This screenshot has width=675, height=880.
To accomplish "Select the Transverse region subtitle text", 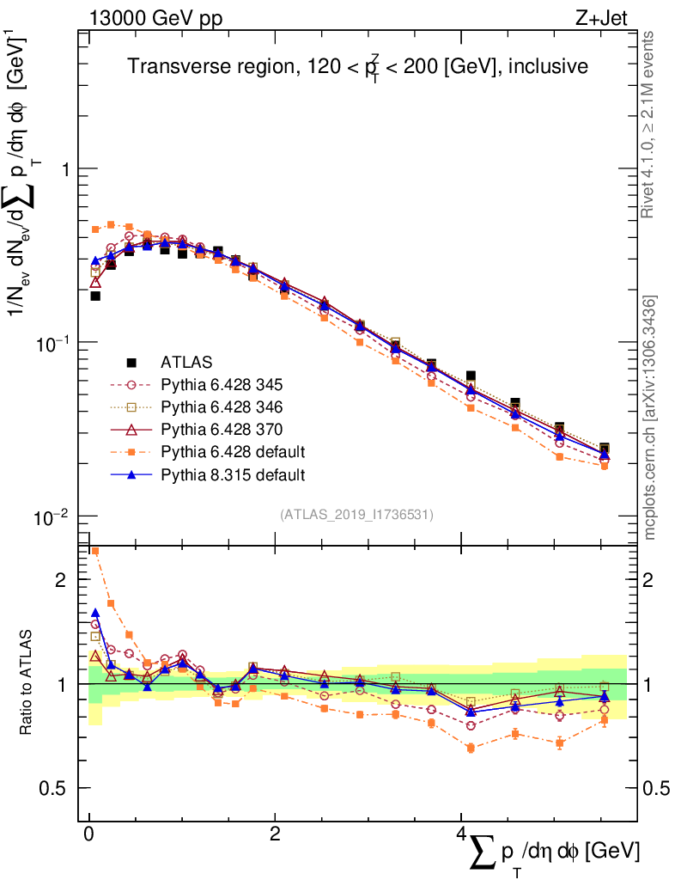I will point(357,67).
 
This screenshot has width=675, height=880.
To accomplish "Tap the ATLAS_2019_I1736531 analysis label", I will point(356,515).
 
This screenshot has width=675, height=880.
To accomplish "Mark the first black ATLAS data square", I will point(95,296).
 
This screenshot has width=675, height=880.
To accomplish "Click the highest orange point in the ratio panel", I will point(95,552).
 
